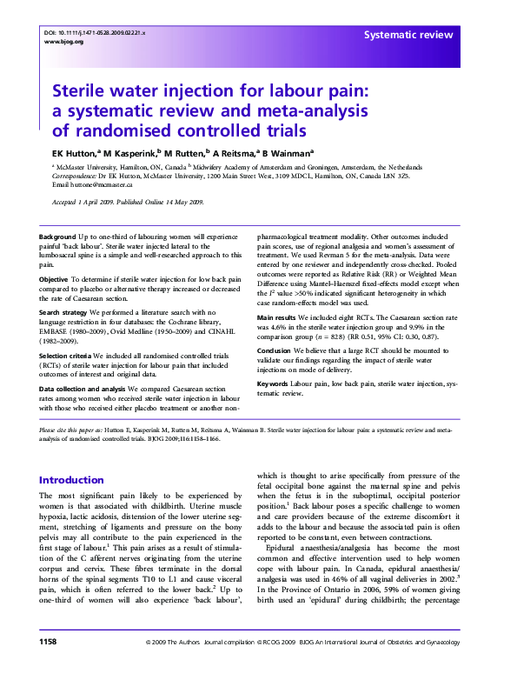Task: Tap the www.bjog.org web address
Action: [63, 41]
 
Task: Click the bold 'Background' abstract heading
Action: [57, 237]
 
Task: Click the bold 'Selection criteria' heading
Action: [66, 356]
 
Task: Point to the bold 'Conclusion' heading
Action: [277, 350]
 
